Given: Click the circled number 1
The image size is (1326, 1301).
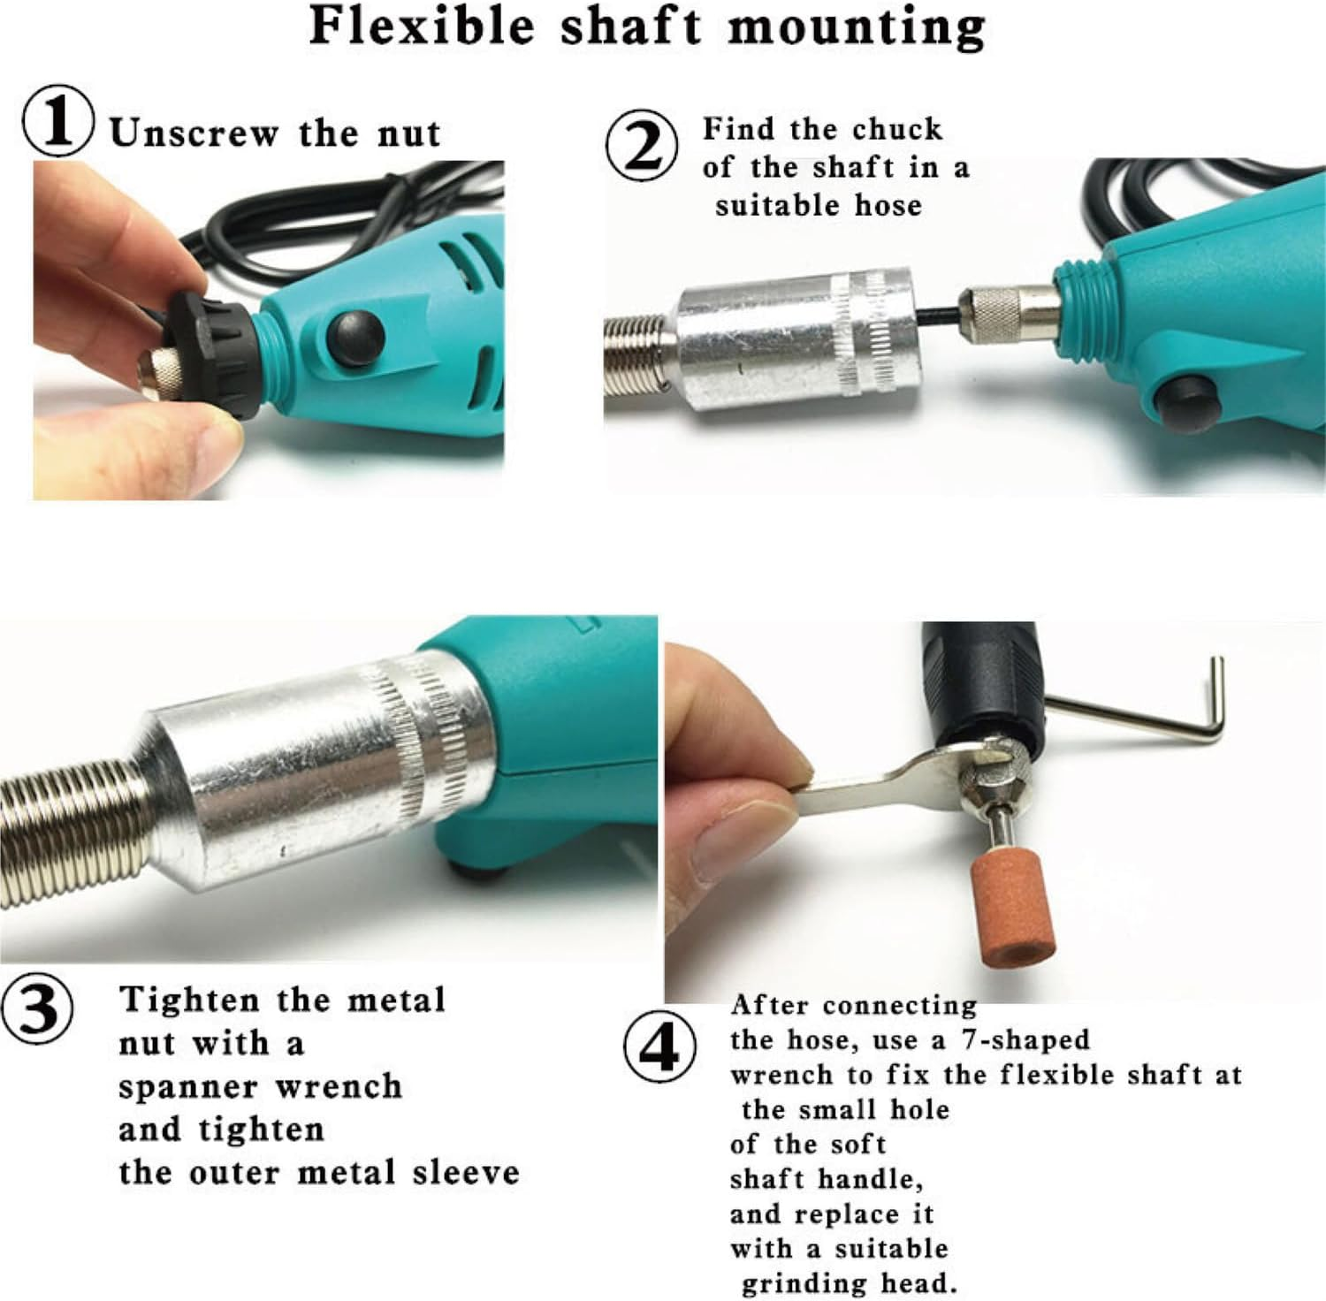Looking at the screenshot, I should (x=57, y=125).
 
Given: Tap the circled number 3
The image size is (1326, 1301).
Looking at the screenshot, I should (x=36, y=1008).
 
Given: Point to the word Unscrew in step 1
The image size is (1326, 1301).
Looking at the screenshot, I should (x=194, y=133).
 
